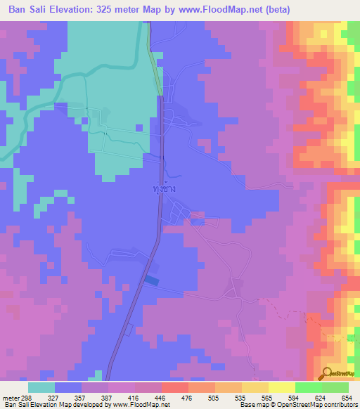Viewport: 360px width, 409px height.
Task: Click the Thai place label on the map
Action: pos(163,189)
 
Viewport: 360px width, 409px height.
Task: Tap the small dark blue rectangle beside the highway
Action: pos(152,280)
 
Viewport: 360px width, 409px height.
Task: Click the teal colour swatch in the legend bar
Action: pos(41,387)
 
